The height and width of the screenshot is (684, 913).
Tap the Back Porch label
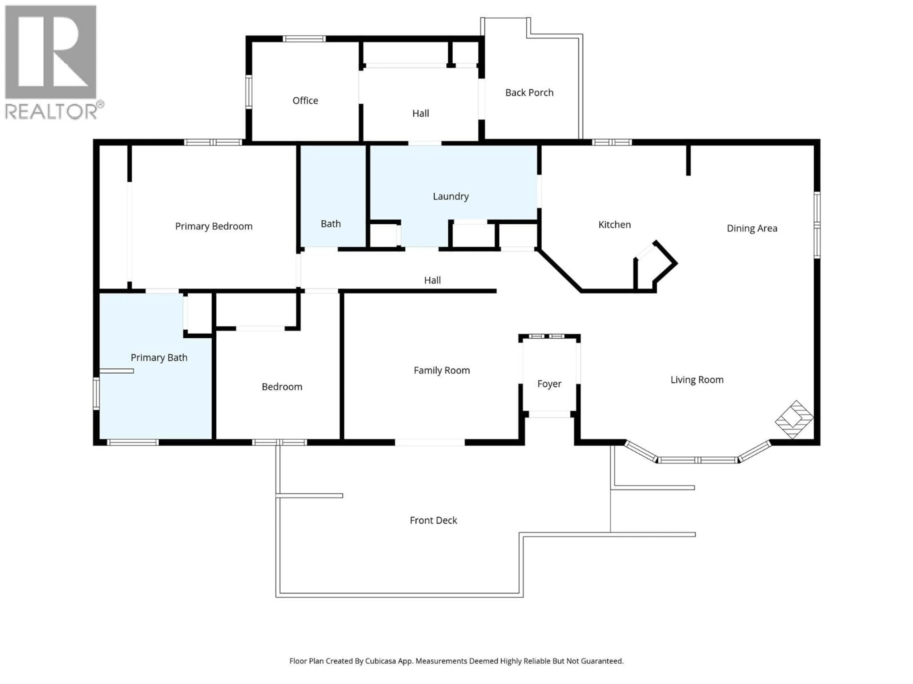coord(529,93)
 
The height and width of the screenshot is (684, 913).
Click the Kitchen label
coord(614,225)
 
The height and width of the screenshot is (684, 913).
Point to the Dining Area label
coord(752,228)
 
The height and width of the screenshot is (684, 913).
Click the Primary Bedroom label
coord(214,226)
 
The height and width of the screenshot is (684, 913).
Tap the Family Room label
coord(442,370)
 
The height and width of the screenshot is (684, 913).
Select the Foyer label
coord(549,384)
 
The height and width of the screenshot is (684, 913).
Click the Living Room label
coord(697,380)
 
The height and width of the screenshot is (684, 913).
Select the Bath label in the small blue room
coord(331,224)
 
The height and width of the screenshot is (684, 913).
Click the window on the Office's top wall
coord(304,39)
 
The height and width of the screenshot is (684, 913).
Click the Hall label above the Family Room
coord(432,280)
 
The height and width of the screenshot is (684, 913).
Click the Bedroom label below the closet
coord(282,387)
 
